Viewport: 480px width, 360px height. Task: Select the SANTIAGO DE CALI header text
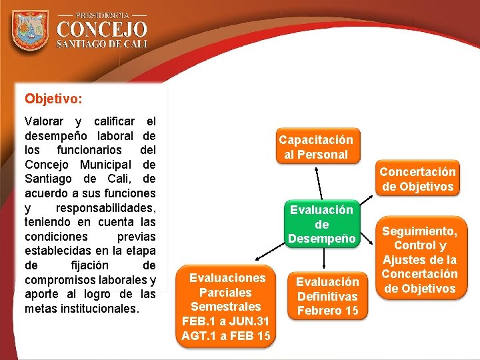pos(101,44)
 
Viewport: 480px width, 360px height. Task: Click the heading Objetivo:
pos(54,99)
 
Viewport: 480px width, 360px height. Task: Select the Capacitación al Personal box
pos(315,147)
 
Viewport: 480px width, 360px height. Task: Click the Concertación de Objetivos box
pos(417,179)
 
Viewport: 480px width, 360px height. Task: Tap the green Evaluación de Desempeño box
pos(321,224)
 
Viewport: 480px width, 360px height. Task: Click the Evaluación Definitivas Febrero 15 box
pos(327,296)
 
